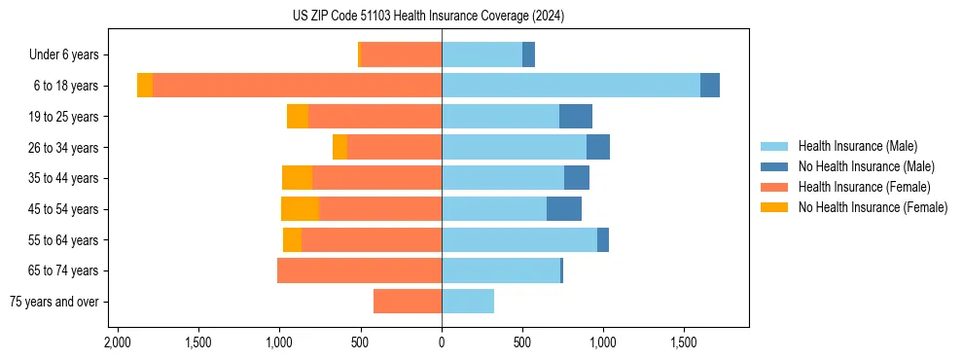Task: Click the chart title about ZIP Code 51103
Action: (x=428, y=17)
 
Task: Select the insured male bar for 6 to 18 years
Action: (x=571, y=86)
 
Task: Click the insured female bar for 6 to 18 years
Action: (x=297, y=86)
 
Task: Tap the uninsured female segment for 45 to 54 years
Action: (x=300, y=208)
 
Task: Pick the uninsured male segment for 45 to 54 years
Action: (x=564, y=208)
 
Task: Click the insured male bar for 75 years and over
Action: (x=468, y=302)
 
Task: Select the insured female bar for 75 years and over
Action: (x=408, y=302)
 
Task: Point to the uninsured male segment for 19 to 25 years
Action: (x=576, y=117)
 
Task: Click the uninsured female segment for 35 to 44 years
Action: (x=297, y=178)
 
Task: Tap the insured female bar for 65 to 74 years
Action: (x=359, y=270)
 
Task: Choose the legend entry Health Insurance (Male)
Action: (x=857, y=146)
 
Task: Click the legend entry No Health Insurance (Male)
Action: (x=866, y=166)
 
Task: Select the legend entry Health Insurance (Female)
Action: (x=864, y=187)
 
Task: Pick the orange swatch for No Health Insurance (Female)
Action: (x=774, y=207)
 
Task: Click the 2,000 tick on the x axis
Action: (x=118, y=343)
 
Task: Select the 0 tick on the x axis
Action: (x=442, y=343)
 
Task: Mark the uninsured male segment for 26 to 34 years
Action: (x=598, y=147)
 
